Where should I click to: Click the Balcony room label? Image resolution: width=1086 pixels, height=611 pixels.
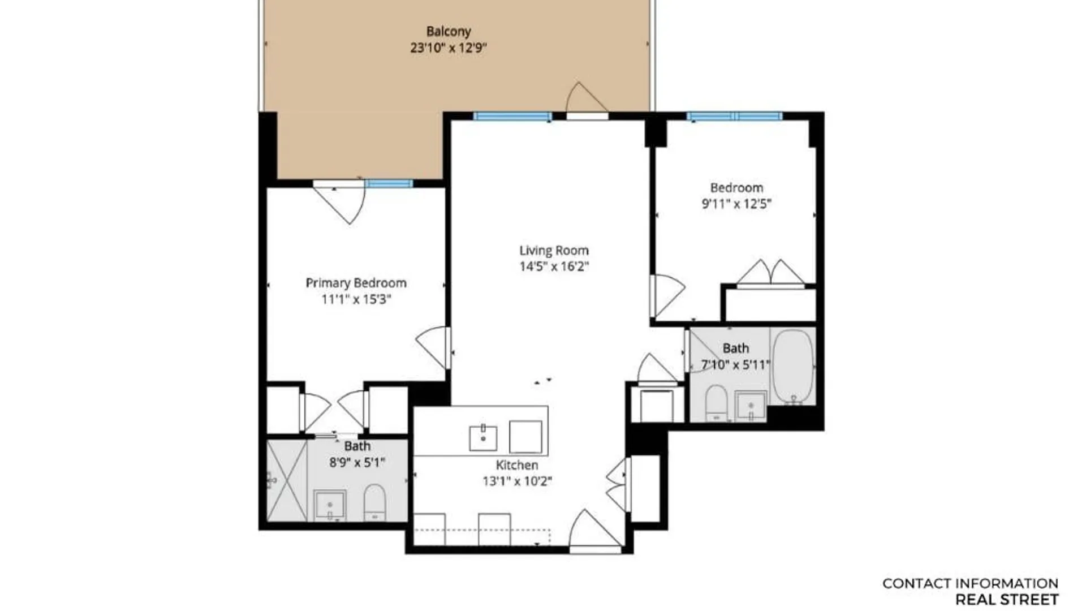[449, 32]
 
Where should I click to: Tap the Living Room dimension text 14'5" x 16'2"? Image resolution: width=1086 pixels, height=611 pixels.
[554, 266]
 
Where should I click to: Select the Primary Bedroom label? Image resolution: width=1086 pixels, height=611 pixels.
[356, 283]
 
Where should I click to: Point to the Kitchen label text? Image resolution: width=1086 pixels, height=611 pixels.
[517, 465]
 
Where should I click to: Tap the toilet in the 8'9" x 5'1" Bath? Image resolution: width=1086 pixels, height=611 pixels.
[374, 502]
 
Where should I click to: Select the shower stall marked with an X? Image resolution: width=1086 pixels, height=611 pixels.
[287, 481]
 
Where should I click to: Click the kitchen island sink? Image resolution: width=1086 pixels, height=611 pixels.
[483, 438]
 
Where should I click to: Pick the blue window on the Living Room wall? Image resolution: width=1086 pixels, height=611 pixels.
[512, 117]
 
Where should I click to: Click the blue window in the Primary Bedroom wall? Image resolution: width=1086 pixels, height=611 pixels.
[389, 183]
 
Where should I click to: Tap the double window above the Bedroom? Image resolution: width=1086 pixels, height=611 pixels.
[735, 117]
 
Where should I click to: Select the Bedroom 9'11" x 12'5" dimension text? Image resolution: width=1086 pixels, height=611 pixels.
[736, 204]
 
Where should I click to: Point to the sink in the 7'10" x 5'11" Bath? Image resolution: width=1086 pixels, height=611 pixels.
[751, 406]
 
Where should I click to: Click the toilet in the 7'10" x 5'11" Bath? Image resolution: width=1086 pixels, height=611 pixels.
[717, 403]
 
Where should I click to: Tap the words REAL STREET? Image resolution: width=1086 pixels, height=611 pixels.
[1007, 599]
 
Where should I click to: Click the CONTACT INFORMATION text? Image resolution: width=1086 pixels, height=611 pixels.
[971, 583]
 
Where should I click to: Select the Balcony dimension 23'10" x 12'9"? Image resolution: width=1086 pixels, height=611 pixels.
[449, 48]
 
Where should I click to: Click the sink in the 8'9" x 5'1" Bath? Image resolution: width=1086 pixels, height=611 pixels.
[330, 505]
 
